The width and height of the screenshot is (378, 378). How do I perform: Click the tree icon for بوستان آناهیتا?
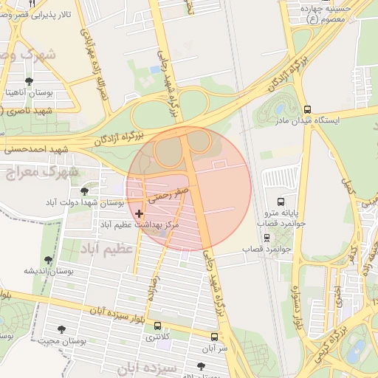click(29, 82)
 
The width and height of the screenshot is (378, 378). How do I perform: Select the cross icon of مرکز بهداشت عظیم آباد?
click(139, 213)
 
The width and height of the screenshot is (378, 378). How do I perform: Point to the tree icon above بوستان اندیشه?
click(48, 260)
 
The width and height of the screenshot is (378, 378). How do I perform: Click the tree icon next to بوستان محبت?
click(61, 329)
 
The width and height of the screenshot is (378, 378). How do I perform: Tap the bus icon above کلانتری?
click(157, 326)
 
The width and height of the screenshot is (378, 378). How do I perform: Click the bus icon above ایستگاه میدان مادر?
click(308, 109)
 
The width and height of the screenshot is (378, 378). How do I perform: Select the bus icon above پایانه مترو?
click(280, 201)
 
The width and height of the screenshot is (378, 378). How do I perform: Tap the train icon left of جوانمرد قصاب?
click(266, 238)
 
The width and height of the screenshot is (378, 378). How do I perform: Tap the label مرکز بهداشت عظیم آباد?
click(140, 224)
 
